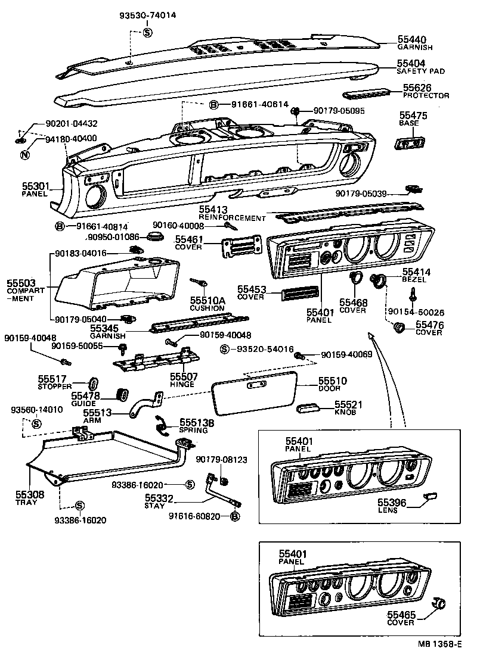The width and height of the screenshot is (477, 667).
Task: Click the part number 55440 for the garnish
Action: click(411, 39)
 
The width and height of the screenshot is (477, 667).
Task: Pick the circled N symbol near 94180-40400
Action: click(25, 156)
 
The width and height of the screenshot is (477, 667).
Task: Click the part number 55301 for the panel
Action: click(35, 187)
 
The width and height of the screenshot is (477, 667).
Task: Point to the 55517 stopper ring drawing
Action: click(94, 382)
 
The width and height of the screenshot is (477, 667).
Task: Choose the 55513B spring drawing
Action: click(162, 423)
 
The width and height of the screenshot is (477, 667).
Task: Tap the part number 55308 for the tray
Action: click(26, 495)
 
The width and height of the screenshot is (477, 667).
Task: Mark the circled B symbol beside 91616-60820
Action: click(234, 516)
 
